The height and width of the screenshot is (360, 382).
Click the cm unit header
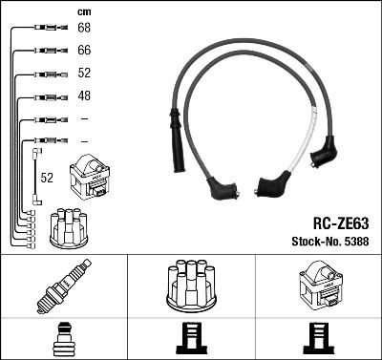83,11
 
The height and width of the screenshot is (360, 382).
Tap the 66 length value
83,51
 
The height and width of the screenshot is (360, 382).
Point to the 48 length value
83,96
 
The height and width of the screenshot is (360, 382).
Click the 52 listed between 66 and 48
83,74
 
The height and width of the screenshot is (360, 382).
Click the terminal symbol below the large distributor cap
190,339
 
